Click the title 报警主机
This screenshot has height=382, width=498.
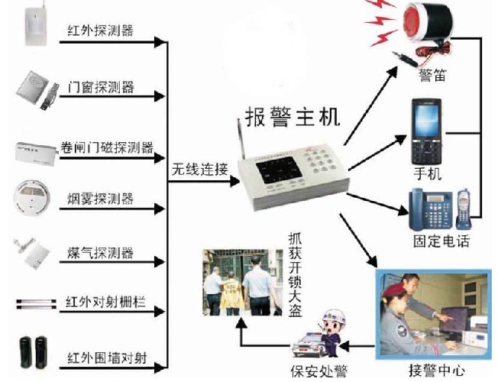tap(292, 116)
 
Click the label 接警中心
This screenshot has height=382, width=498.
tap(436, 371)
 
